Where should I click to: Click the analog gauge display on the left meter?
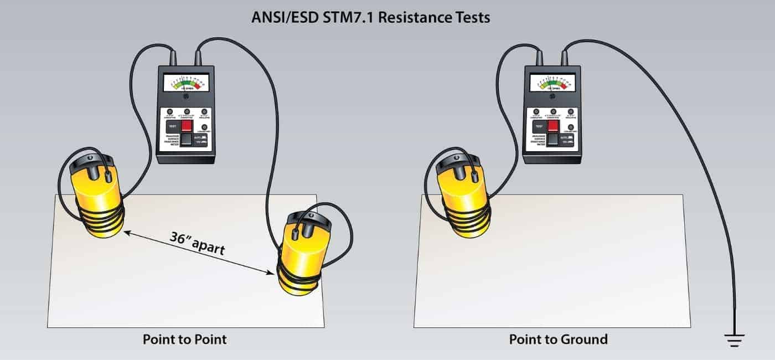click(x=187, y=84)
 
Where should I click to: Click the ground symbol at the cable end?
click(x=735, y=340)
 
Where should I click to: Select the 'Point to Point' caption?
click(x=185, y=339)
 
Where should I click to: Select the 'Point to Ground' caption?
click(x=558, y=339)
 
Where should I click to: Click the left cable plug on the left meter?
click(x=173, y=58)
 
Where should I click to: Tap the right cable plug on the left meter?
click(x=198, y=58)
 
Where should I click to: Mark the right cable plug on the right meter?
click(x=564, y=58)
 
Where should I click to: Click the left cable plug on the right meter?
click(x=539, y=58)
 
